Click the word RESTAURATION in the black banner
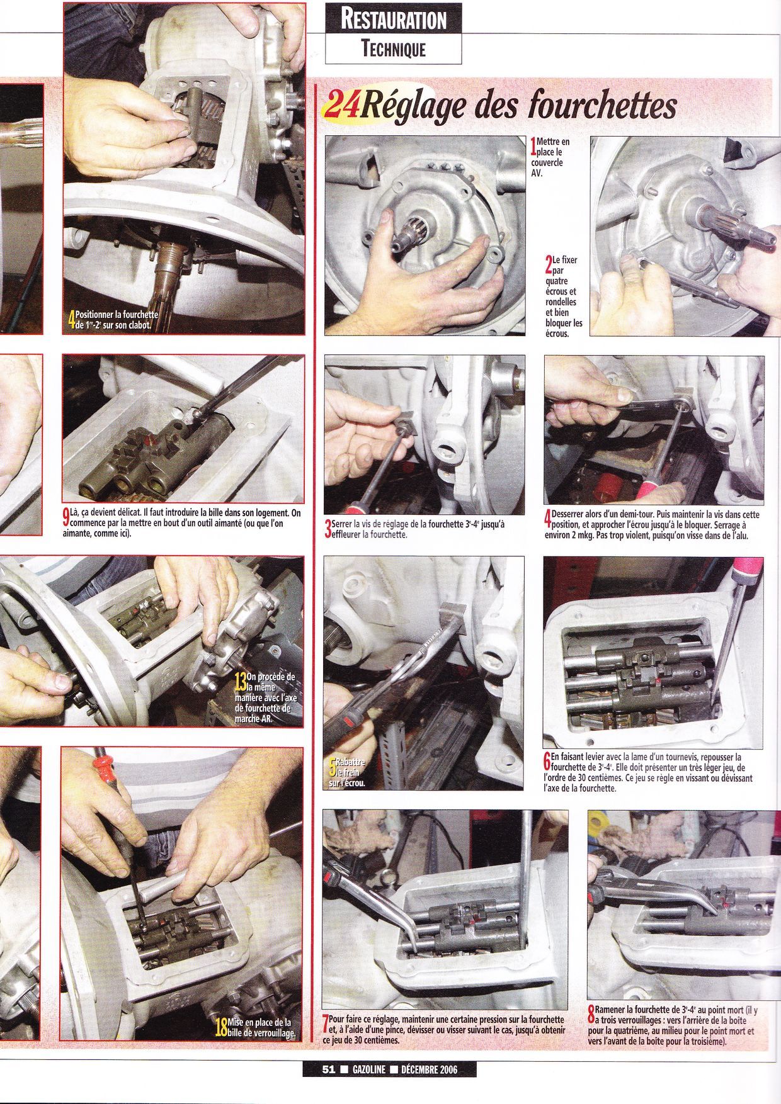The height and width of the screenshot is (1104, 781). pos(393,19)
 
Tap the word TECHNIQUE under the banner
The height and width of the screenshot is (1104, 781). pos(394,48)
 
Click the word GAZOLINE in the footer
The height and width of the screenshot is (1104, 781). pos(366,1069)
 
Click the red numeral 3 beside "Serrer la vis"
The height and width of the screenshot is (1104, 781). pos(328,529)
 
